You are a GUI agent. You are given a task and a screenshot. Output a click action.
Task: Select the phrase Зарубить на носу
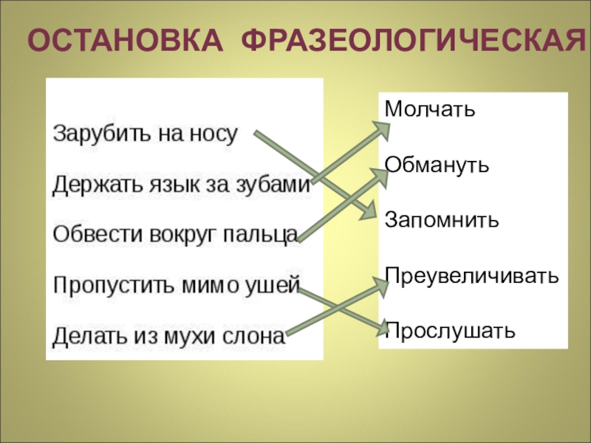point(145,134)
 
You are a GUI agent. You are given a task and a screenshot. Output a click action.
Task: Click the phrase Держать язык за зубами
point(181,185)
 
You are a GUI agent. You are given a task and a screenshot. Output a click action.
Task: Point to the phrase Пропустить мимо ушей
point(176,285)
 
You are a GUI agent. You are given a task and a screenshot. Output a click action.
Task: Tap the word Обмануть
point(437,163)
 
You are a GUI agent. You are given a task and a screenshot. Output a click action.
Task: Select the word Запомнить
point(442,219)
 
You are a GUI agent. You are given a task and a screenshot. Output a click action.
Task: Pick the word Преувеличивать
point(471,275)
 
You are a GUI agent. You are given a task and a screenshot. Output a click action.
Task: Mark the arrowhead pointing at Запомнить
point(369,211)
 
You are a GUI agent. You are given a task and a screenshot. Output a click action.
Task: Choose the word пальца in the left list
point(265,235)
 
